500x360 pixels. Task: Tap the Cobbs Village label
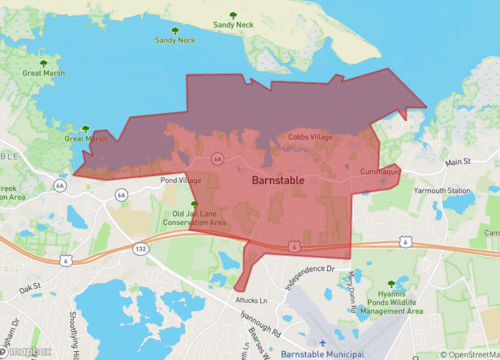[x=310, y=136]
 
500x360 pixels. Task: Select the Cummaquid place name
[x=378, y=172]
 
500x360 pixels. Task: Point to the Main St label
[x=457, y=161]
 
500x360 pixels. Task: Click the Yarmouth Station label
[x=443, y=190]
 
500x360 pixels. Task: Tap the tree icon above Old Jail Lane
[x=180, y=203]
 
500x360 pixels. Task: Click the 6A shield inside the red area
[x=217, y=158]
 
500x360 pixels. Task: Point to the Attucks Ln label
[x=252, y=300]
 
